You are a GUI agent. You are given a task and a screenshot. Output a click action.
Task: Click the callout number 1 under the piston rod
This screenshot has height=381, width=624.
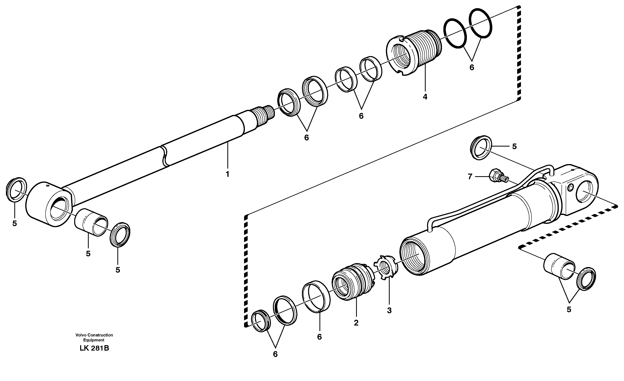[x=227, y=174]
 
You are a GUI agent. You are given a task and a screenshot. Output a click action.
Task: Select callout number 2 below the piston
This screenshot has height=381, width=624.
[x=356, y=323]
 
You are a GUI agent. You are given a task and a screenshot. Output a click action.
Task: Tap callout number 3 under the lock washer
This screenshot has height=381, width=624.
[x=389, y=310]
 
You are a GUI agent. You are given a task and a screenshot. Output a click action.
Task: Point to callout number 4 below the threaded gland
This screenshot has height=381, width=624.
[x=425, y=97]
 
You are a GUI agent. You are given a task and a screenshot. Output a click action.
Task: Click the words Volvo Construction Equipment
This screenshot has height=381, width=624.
[x=94, y=337]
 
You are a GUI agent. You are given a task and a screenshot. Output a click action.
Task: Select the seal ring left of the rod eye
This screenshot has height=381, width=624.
[x=16, y=190]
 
